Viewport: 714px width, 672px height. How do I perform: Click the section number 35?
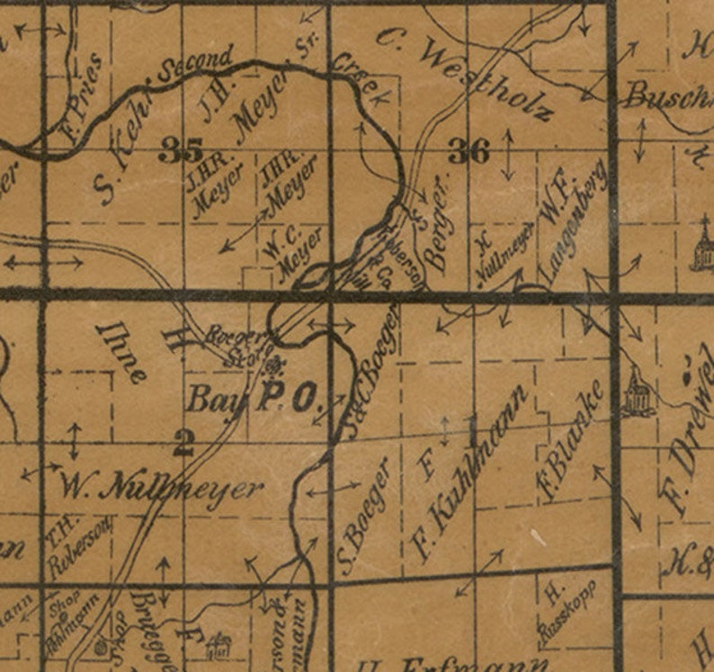pyautogui.click(x=180, y=150)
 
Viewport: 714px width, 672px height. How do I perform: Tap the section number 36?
pyautogui.click(x=469, y=152)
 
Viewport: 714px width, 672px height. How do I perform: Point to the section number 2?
pyautogui.click(x=183, y=441)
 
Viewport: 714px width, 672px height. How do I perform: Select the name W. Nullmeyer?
pyautogui.click(x=162, y=489)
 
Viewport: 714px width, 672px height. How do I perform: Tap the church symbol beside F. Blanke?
pyautogui.click(x=636, y=393)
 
